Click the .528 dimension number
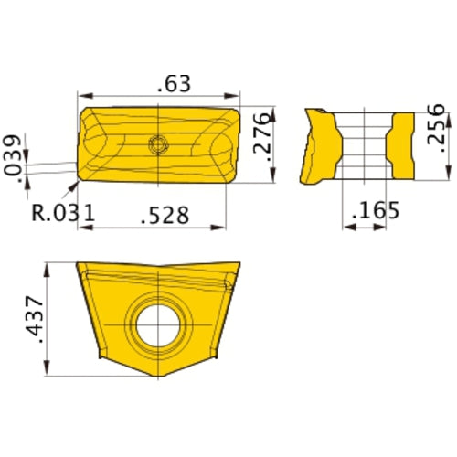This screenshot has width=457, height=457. click(x=165, y=215)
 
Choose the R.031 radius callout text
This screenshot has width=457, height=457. click(x=63, y=214)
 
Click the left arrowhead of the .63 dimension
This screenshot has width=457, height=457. click(x=82, y=95)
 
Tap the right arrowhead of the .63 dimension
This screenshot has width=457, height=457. click(x=237, y=95)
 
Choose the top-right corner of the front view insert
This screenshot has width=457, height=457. click(x=239, y=264)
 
